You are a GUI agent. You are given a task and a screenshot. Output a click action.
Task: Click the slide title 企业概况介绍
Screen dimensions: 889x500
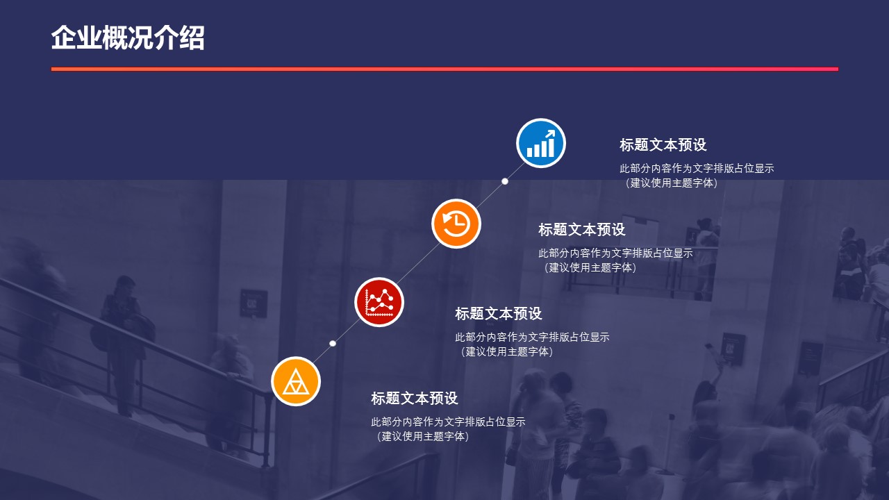pyautogui.click(x=128, y=38)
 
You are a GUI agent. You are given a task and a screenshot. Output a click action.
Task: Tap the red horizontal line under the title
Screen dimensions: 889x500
pyautogui.click(x=444, y=69)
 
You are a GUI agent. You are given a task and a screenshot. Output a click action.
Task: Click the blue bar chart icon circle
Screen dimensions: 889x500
pyautogui.click(x=540, y=143)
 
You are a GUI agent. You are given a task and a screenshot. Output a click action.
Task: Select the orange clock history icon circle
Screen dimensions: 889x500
pyautogui.click(x=456, y=224)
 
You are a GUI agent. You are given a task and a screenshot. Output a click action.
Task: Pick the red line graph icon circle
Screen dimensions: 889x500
pyautogui.click(x=379, y=302)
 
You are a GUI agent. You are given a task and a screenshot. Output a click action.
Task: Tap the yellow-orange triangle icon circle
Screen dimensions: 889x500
pyautogui.click(x=296, y=381)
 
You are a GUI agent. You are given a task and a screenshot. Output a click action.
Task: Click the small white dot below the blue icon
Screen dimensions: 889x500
pyautogui.click(x=505, y=181)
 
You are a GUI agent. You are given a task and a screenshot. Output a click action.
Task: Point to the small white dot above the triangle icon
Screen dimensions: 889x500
pyautogui.click(x=333, y=343)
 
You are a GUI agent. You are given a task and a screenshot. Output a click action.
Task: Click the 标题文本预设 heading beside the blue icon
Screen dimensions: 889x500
pyautogui.click(x=663, y=145)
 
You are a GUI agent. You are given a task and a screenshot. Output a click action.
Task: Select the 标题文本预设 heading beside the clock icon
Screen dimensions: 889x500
pyautogui.click(x=582, y=229)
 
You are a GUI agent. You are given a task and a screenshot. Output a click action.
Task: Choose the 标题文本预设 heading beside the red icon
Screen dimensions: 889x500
pyautogui.click(x=499, y=313)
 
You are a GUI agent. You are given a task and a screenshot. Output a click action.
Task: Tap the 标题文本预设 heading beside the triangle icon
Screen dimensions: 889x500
pyautogui.click(x=415, y=398)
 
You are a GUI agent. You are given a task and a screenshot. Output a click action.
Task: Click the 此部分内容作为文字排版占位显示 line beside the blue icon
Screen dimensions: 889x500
pyautogui.click(x=697, y=168)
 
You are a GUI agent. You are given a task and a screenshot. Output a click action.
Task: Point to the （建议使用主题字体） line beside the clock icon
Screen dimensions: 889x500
pyautogui.click(x=589, y=267)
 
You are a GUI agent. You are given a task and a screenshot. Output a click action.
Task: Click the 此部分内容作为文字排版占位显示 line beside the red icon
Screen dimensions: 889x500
pyautogui.click(x=532, y=337)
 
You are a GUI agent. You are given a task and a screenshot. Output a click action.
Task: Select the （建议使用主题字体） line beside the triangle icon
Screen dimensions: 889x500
pyautogui.click(x=422, y=436)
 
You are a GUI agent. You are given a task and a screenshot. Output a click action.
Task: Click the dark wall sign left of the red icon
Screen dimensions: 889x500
pyautogui.click(x=254, y=303)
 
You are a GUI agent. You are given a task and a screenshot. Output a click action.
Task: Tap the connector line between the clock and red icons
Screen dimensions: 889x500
pyautogui.click(x=418, y=262)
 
